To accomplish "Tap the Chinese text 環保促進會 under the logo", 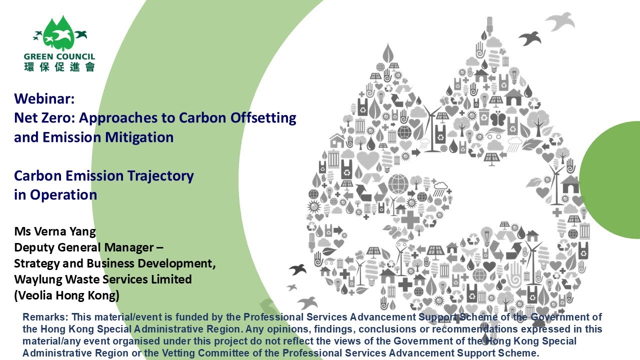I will point(59,66).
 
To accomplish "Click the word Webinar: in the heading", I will point(44,98).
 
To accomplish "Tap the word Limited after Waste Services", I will point(171,279).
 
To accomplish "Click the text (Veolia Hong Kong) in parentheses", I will point(66,295).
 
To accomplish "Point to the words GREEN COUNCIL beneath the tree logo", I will point(59,57).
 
